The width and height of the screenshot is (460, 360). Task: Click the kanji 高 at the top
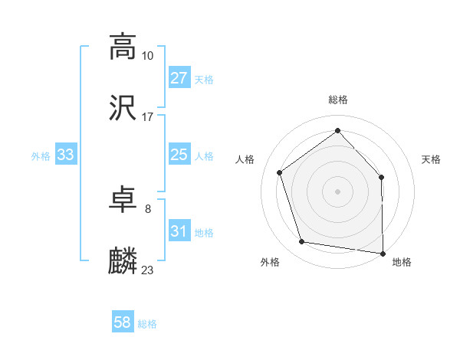[123, 47]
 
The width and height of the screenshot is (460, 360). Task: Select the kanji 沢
[123, 109]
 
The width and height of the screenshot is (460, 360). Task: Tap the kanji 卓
[123, 201]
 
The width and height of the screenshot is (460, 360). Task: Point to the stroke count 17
[148, 117]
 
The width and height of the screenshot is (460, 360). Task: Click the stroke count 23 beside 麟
[148, 270]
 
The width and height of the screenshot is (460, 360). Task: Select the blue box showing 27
[179, 78]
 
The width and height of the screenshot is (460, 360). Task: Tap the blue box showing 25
[179, 155]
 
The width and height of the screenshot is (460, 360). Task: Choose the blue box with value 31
[179, 231]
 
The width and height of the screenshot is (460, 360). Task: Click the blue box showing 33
[66, 155]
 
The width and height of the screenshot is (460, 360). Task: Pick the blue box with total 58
[123, 322]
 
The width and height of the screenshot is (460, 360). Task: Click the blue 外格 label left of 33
[41, 155]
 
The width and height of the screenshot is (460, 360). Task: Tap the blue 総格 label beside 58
[147, 323]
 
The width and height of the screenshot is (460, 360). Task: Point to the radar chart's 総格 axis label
[337, 100]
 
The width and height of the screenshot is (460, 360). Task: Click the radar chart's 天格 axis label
[431, 159]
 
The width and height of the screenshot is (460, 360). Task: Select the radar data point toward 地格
[383, 253]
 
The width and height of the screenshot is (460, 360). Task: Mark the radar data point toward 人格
[280, 172]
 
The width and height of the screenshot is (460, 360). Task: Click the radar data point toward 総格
[337, 130]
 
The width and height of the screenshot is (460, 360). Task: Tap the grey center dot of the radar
[337, 191]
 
